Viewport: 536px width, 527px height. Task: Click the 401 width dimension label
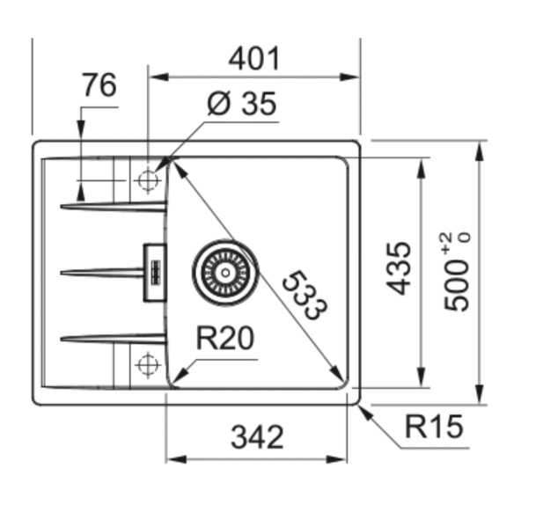click(x=253, y=59)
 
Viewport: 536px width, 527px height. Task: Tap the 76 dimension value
click(x=99, y=86)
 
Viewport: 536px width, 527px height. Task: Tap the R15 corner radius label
click(x=433, y=428)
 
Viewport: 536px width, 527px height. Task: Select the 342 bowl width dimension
click(x=257, y=437)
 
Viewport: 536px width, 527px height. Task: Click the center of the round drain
click(x=224, y=270)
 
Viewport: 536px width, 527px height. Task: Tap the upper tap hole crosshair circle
click(x=147, y=180)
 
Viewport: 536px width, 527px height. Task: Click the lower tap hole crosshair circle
click(x=147, y=362)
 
